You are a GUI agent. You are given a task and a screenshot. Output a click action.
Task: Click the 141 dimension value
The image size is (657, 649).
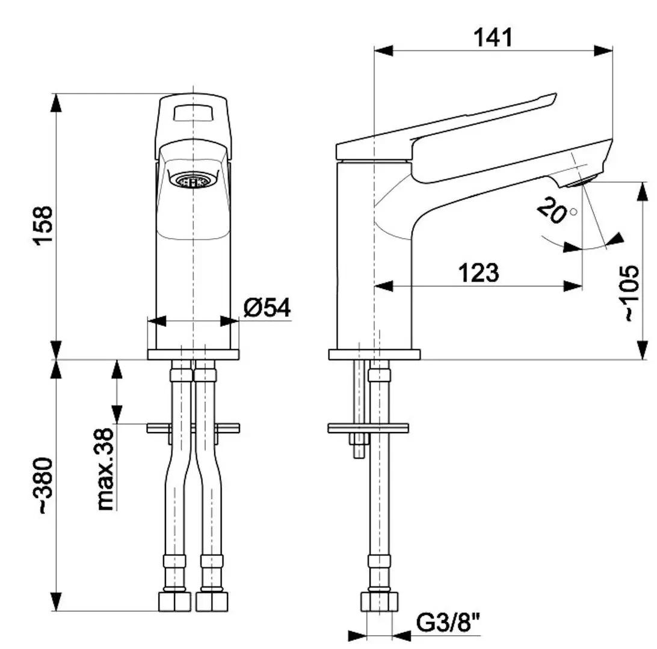click(x=493, y=37)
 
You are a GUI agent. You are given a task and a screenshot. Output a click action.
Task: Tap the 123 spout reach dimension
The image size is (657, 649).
click(x=478, y=273)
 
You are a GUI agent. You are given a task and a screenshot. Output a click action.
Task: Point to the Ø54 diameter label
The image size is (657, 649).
click(x=267, y=308)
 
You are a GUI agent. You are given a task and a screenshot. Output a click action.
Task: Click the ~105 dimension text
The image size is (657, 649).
click(x=632, y=293)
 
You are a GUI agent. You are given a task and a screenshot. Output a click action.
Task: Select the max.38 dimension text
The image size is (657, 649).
click(x=106, y=469)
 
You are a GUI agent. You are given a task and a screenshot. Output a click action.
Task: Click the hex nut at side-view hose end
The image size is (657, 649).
click(x=380, y=602)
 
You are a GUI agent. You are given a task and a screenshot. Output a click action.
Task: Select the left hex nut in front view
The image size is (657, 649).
click(x=174, y=602)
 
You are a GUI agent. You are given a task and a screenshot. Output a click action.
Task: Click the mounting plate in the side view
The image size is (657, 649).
click(x=368, y=428)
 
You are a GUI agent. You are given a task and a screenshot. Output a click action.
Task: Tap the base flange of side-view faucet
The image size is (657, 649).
click(x=374, y=355)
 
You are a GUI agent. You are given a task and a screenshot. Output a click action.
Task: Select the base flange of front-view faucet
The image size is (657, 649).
click(x=193, y=355)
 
